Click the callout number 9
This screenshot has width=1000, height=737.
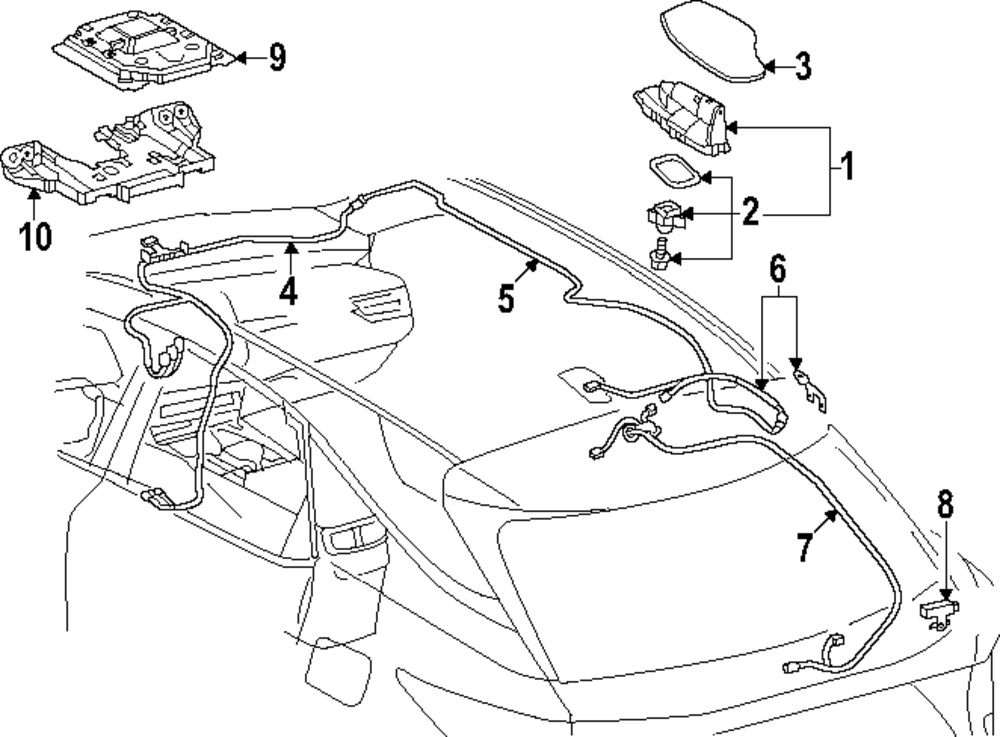click(277, 58)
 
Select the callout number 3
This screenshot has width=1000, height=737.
click(804, 67)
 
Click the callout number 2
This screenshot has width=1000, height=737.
click(751, 213)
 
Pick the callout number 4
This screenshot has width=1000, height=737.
click(288, 291)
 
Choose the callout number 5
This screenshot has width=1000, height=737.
click(507, 297)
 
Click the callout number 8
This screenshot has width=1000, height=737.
click(946, 504)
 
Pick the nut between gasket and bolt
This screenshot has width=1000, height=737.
click(662, 215)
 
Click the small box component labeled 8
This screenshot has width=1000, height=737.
click(938, 611)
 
